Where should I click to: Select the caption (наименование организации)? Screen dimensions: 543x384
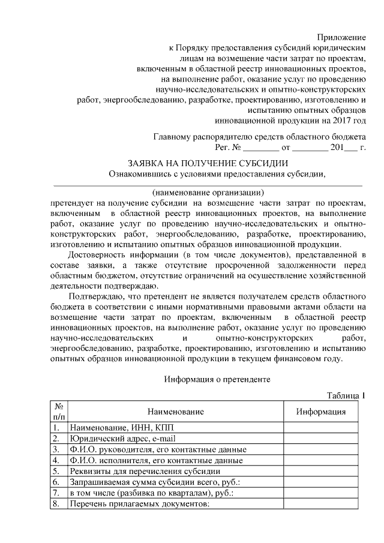click(208, 193)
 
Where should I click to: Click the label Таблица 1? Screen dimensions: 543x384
click(346, 396)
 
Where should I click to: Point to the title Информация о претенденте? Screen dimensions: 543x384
click(217, 379)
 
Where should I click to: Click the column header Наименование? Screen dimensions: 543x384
click(174, 412)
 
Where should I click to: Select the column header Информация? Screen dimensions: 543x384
click(321, 412)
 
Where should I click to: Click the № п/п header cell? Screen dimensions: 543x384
click(59, 412)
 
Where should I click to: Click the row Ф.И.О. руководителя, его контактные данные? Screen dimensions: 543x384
click(158, 449)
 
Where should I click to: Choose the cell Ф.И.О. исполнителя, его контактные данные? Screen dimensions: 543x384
click(156, 460)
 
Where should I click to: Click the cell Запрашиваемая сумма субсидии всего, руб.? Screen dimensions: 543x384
click(155, 482)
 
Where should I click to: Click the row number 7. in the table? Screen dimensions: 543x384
click(56, 493)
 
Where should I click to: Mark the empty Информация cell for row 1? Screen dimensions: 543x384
click(321, 428)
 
